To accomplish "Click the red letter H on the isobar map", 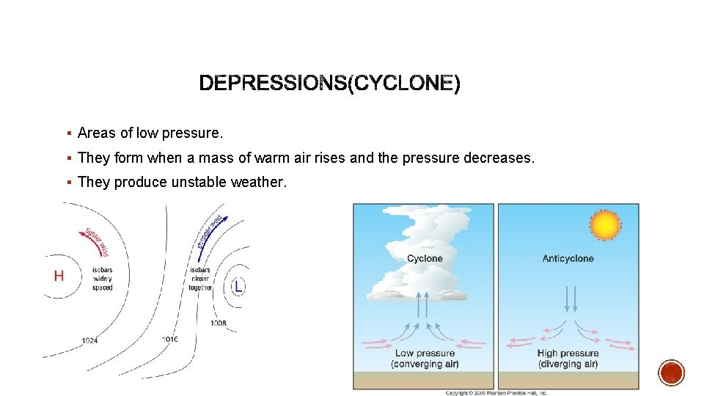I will tap(59, 276).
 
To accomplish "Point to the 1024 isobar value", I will tap(90, 340).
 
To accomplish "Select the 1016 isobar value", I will tap(169, 339).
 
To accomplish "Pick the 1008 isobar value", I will tap(219, 323).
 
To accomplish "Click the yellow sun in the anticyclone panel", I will tap(605, 225).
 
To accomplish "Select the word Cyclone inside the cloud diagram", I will tap(425, 258).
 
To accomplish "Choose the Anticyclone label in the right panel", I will tap(568, 258).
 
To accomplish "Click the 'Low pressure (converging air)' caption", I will tap(425, 358).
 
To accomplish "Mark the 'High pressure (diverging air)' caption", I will tap(568, 358).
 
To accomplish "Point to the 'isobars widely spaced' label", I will tap(103, 279).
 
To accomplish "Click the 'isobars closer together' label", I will tap(199, 279).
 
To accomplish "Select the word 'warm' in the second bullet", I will tap(243, 158).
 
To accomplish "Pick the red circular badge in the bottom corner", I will tap(671, 373).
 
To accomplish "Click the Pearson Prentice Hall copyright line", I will tap(496, 392).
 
